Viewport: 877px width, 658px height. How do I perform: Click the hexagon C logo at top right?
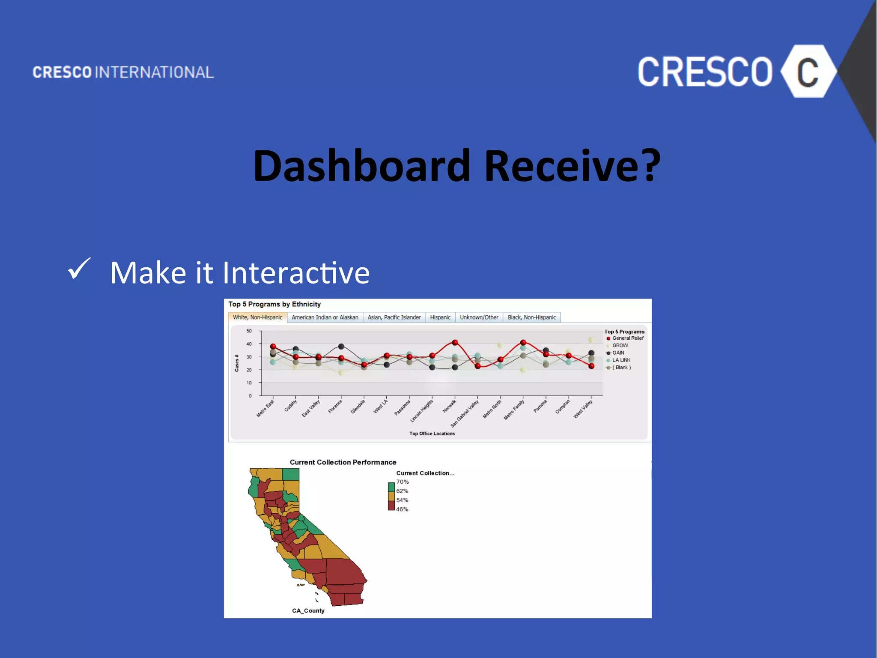click(x=808, y=72)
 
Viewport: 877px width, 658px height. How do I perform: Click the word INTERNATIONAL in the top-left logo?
click(x=154, y=72)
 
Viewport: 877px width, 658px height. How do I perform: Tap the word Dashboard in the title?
click(x=361, y=166)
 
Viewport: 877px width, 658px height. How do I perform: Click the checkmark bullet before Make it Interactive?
click(x=79, y=269)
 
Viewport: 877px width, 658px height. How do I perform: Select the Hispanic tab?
click(x=440, y=317)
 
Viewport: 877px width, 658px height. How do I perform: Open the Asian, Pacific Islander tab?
click(x=394, y=317)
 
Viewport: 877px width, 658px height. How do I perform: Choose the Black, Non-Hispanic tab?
click(x=531, y=317)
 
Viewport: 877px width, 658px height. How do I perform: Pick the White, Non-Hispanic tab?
click(x=257, y=317)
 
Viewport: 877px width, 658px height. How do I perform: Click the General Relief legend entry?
click(x=627, y=338)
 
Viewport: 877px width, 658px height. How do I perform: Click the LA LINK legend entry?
click(x=621, y=360)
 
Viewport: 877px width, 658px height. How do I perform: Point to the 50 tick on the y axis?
click(x=249, y=331)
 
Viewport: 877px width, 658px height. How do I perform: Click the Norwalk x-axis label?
click(x=449, y=406)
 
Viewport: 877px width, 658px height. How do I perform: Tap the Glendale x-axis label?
click(x=358, y=407)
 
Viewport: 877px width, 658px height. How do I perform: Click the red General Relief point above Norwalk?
click(x=455, y=343)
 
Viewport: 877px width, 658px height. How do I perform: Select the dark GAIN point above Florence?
click(x=341, y=347)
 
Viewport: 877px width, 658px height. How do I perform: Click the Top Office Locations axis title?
click(x=432, y=434)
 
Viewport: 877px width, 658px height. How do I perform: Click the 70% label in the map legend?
click(x=402, y=482)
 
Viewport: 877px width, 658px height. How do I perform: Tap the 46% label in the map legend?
click(x=402, y=509)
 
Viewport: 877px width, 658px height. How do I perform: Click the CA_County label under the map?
click(x=308, y=611)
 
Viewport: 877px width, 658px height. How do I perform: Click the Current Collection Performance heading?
click(x=343, y=462)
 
